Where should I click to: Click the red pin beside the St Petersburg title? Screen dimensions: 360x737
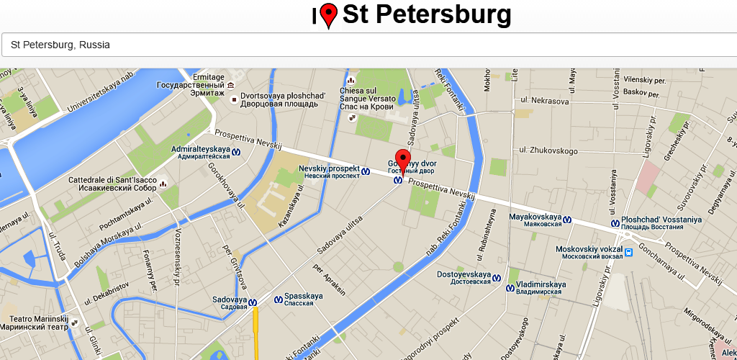pos(329,14)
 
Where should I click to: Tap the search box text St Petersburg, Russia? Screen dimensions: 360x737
pos(60,45)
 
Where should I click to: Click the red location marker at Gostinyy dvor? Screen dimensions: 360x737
pos(403,161)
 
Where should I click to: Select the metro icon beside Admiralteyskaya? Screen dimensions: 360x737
pos(236,152)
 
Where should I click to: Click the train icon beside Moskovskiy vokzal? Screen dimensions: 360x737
pos(629,252)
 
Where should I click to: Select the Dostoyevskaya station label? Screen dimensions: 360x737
pos(464,277)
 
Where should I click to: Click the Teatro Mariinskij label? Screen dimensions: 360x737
pos(38,322)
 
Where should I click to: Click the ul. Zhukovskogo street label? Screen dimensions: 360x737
pos(553,151)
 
